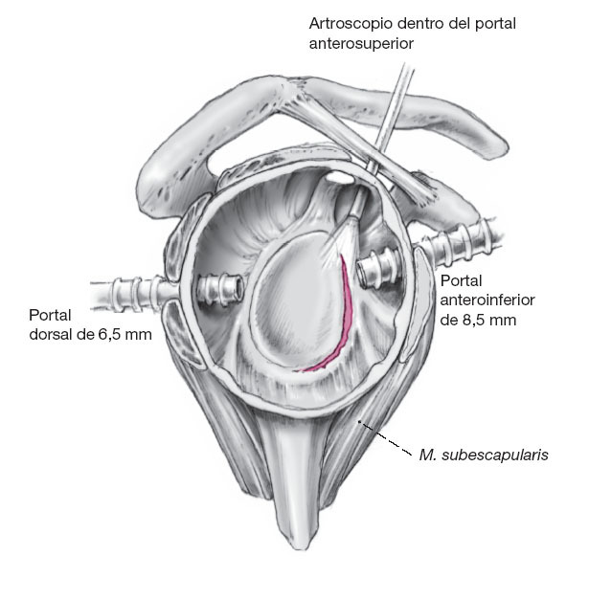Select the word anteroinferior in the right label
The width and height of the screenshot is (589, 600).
coord(487,300)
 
